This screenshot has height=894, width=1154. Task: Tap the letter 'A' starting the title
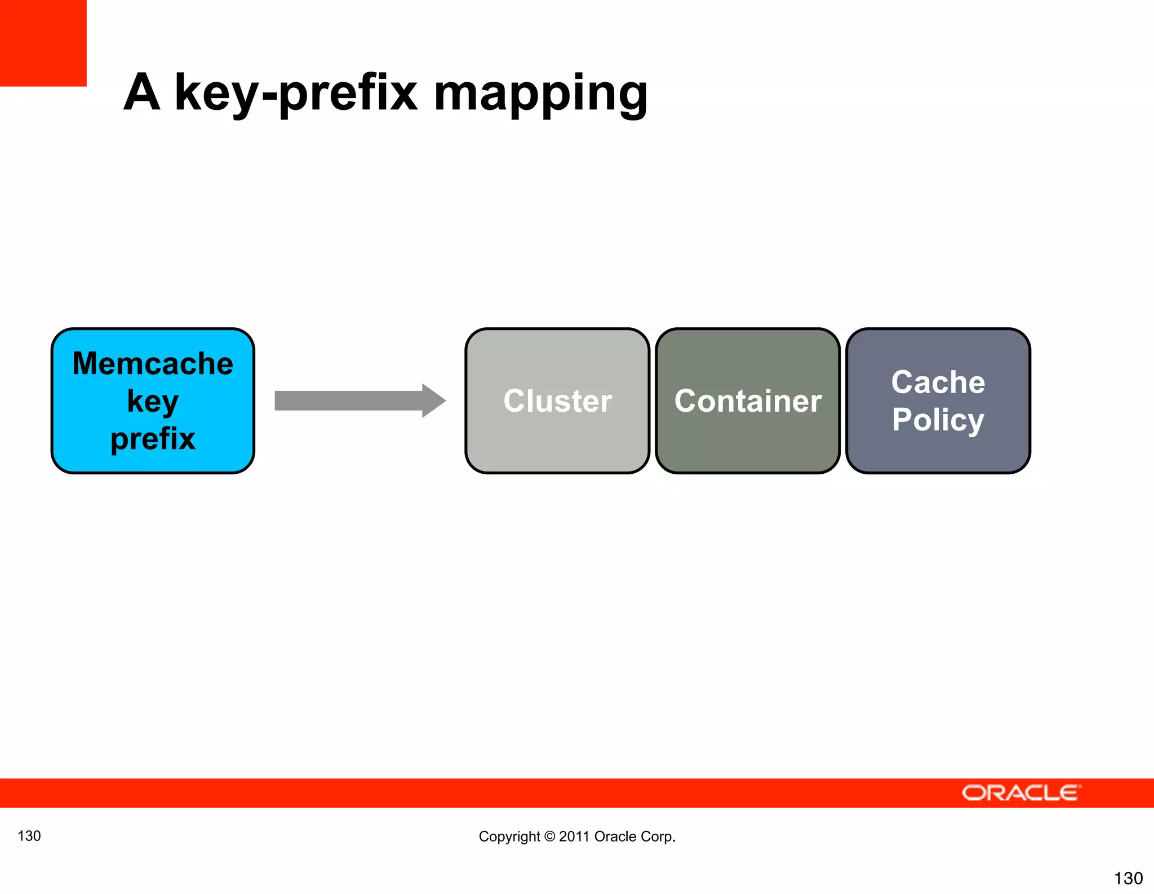(142, 92)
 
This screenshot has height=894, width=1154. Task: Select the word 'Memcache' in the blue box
(153, 363)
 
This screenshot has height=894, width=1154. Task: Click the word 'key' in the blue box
(153, 402)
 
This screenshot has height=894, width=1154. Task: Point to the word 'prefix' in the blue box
(153, 438)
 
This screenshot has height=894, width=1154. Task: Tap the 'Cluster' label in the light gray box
(557, 401)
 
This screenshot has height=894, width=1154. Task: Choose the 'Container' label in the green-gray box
(748, 401)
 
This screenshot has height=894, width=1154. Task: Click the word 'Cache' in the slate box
(938, 382)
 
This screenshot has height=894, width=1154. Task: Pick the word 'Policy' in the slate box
(938, 420)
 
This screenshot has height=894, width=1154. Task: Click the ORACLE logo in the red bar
(1020, 793)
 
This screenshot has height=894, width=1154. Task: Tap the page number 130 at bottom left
(29, 835)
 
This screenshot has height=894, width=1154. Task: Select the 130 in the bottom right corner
(1128, 878)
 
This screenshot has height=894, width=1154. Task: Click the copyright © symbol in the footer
(549, 837)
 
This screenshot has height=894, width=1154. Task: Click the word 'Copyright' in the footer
(509, 837)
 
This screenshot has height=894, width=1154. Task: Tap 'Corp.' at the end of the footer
(659, 837)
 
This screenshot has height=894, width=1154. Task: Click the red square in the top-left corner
(43, 43)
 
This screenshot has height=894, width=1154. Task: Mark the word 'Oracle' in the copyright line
(615, 837)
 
